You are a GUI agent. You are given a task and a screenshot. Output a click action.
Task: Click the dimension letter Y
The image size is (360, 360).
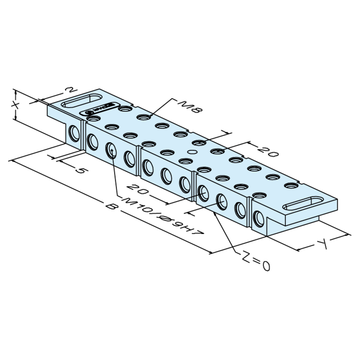coord(322,244)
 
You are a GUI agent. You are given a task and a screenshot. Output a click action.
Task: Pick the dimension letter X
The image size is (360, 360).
coord(15,105)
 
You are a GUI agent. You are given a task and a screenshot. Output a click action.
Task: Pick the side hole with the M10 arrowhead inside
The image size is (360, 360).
coord(111,150)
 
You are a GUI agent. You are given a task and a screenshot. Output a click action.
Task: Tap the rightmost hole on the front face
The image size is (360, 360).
coord(258,219)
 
